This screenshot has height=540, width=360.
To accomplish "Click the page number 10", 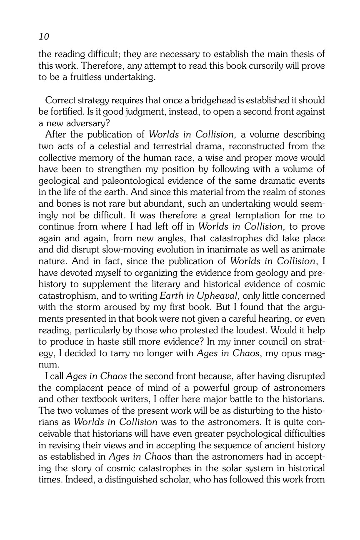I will pyautogui.click(x=44, y=37).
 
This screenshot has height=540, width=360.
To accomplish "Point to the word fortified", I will pyautogui.click(x=66, y=112).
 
